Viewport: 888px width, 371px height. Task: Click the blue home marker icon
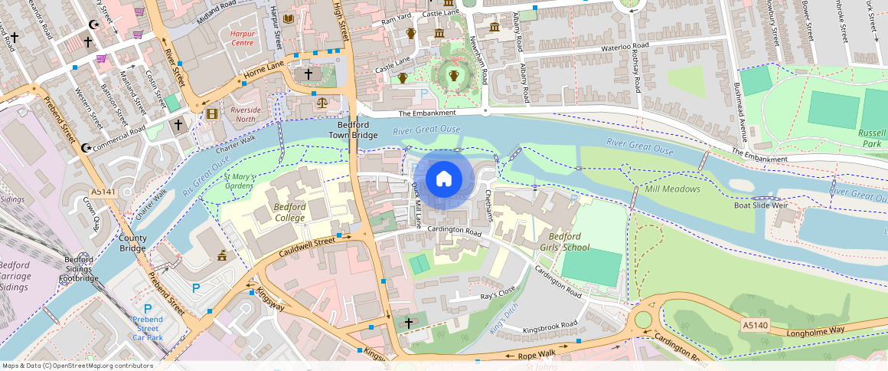coord(444,179)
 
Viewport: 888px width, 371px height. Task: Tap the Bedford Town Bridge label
coord(353,130)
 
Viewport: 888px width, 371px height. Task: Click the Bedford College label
coord(289,212)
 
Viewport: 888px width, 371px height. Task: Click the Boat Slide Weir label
coord(761,205)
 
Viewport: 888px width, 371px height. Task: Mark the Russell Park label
coord(871,137)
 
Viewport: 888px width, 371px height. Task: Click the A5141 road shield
coord(102,192)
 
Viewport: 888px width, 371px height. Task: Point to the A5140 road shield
coord(754,325)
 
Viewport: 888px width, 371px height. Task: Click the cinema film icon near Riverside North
coord(211,114)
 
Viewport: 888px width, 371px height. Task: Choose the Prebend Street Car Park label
coord(147,327)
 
